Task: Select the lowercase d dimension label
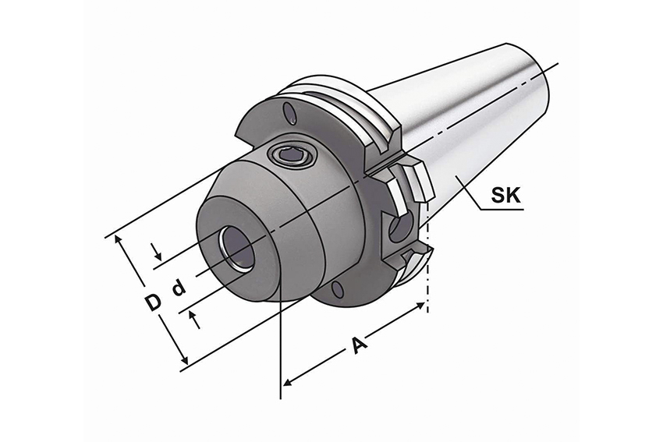[179, 288]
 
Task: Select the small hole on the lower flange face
[337, 291]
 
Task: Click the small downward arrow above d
[159, 255]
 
